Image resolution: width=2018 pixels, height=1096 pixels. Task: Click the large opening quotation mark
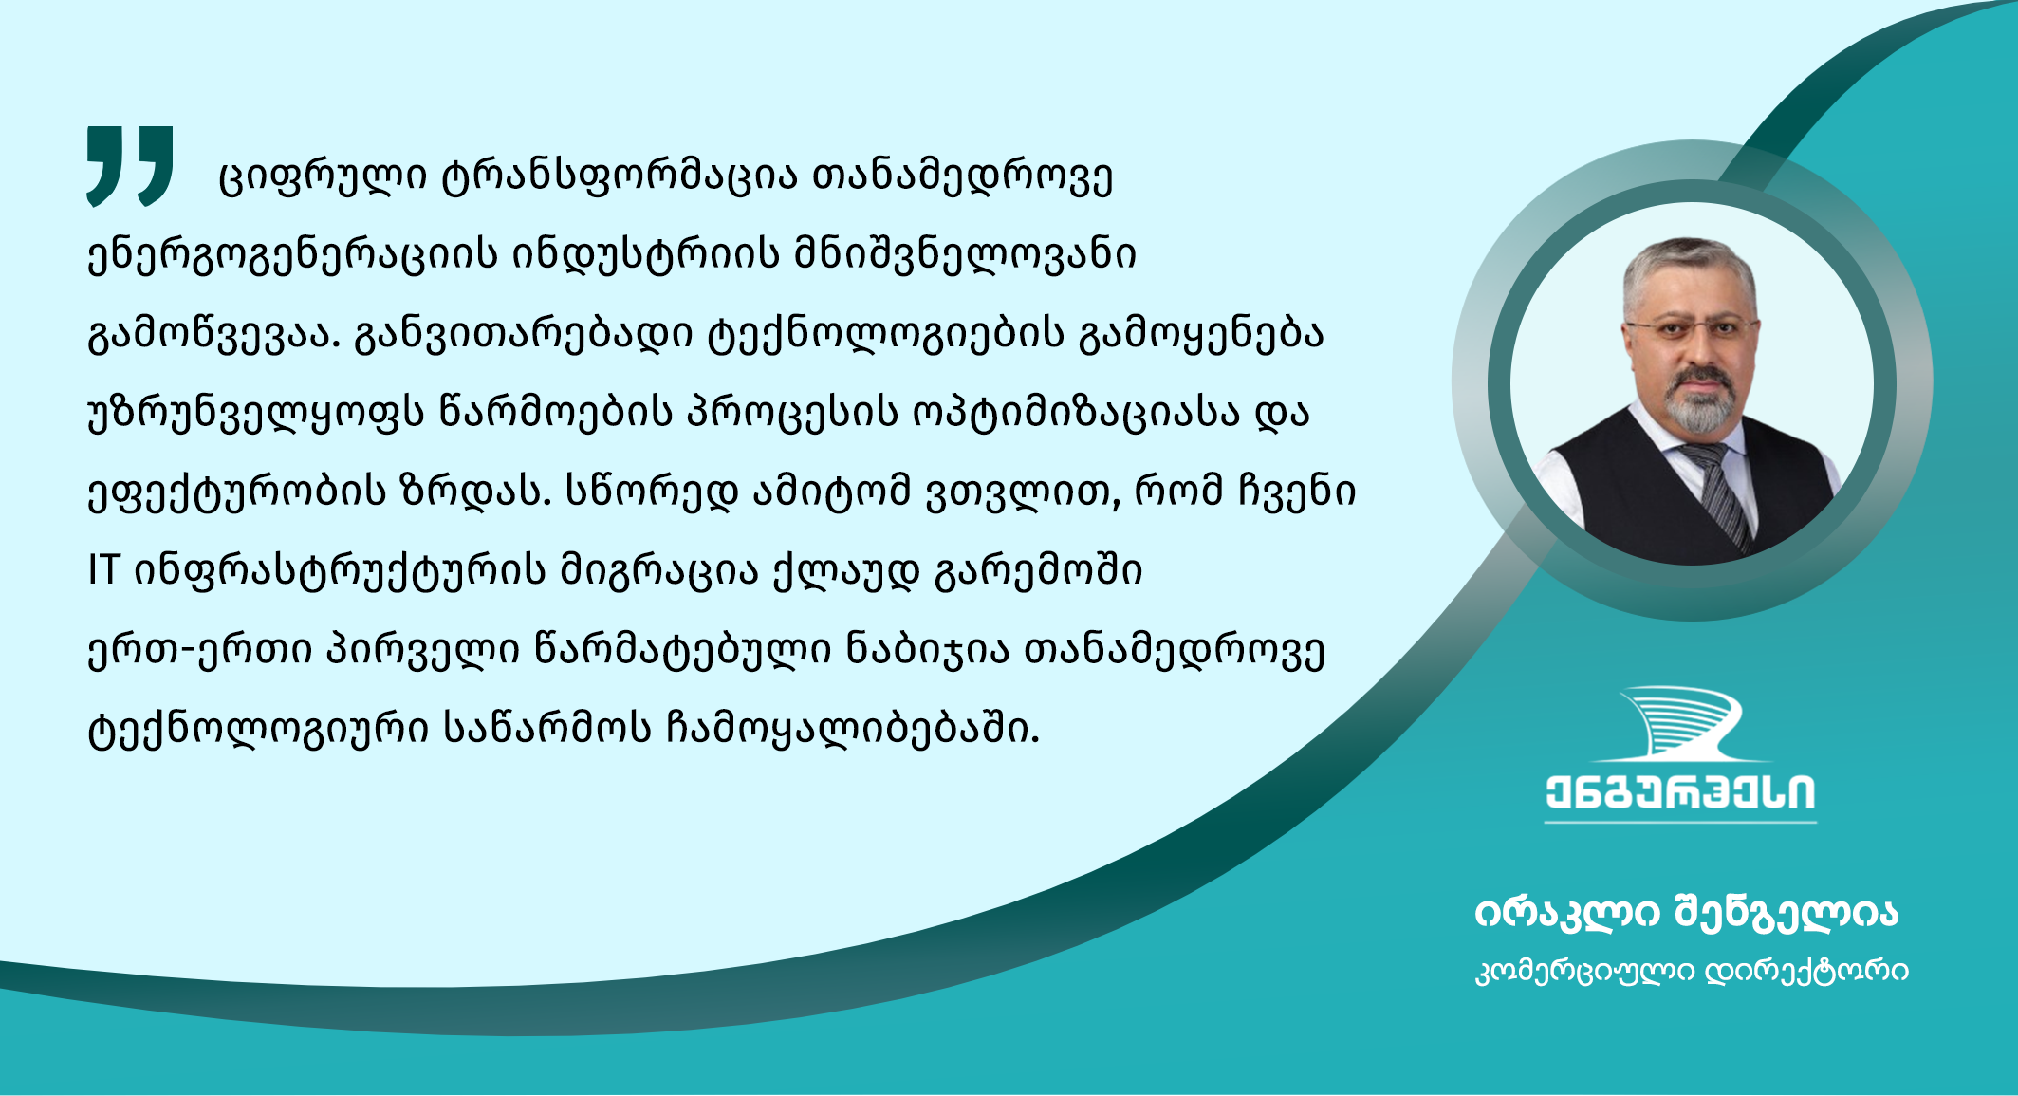[130, 166]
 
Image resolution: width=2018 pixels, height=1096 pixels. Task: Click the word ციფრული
[322, 177]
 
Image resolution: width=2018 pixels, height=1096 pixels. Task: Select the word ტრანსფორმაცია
[620, 177]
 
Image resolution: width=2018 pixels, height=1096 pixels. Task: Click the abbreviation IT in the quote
[102, 570]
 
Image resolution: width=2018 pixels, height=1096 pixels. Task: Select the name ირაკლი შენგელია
[1686, 913]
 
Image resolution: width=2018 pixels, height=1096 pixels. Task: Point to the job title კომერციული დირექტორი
[1692, 972]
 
